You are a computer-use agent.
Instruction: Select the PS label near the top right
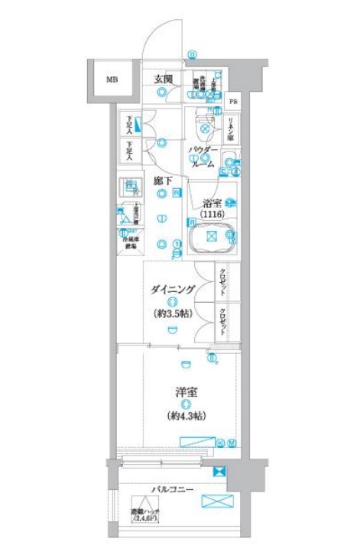[234, 102]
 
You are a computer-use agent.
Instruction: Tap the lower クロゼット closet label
[222, 320]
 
